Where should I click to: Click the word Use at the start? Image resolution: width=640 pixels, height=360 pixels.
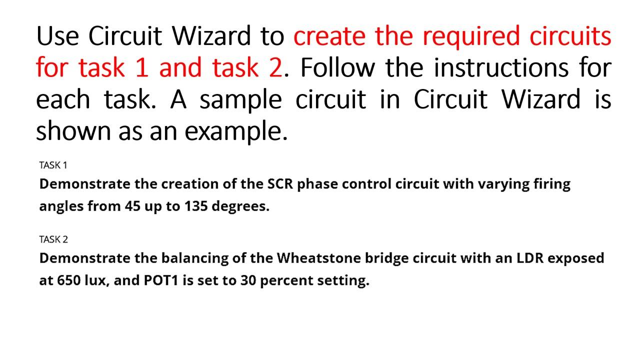(x=57, y=36)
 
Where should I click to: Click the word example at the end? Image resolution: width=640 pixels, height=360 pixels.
(x=235, y=131)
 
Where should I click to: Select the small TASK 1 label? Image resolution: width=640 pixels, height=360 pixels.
(x=53, y=165)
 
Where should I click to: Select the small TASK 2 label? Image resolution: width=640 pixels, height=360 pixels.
(x=53, y=239)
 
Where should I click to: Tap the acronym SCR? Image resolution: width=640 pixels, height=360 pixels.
(x=279, y=184)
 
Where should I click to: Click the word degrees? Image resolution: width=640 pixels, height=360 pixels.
(x=240, y=206)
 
